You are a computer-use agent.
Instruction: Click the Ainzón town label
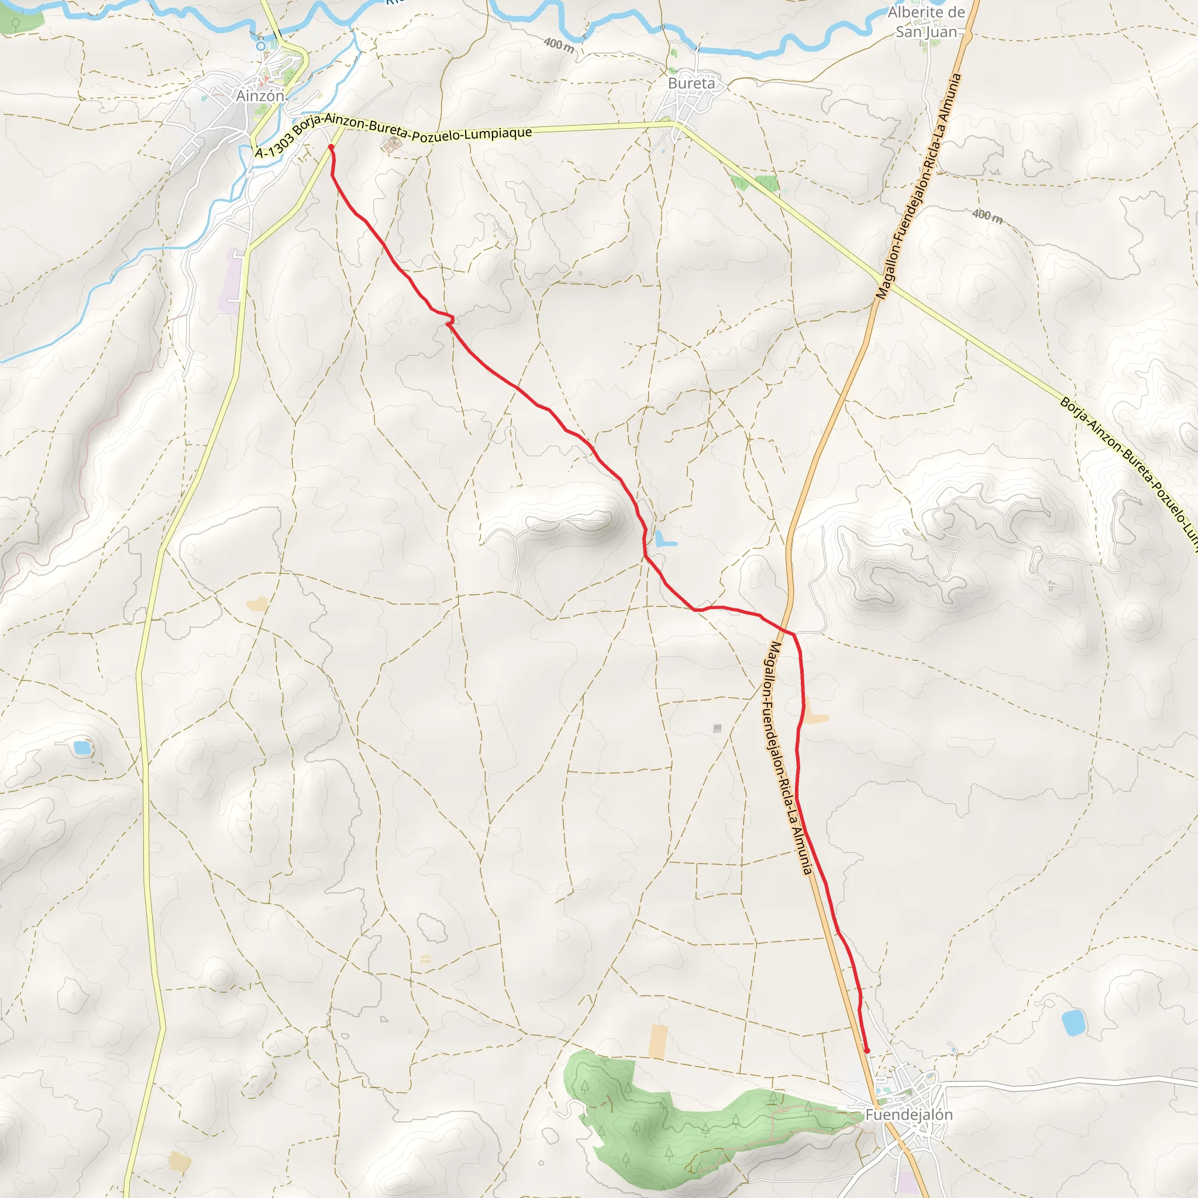coord(260,96)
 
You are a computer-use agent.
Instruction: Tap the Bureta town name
coord(691,83)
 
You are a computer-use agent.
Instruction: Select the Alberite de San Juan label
coord(926,22)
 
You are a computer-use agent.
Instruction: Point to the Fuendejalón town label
coord(909,1114)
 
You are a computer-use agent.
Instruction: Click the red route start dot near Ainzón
coord(331,147)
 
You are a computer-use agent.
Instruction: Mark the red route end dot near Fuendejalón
coord(867,1051)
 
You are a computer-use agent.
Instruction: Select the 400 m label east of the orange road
coord(987,216)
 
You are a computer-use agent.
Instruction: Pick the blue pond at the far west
coord(82,748)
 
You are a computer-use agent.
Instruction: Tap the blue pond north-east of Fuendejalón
coord(1073,1023)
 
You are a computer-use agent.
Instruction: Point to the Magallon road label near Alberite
coord(918,186)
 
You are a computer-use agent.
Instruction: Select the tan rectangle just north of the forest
coord(658,1042)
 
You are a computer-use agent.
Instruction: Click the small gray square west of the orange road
coord(717,728)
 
